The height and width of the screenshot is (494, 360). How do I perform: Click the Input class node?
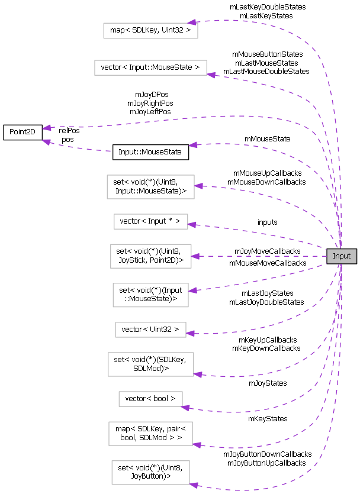pos(342,256)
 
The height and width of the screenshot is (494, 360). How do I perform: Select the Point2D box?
pos(22,133)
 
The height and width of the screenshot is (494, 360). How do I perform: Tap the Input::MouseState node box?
pos(150,151)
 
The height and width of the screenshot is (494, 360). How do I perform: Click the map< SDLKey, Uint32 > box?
pos(150,29)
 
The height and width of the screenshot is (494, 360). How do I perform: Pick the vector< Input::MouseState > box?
pos(150,67)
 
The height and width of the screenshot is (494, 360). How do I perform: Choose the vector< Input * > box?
pos(150,222)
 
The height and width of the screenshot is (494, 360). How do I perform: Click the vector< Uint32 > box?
pos(150,329)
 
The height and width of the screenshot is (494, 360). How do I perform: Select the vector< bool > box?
pos(150,399)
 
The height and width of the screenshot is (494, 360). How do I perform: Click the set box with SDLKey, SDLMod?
pos(150,364)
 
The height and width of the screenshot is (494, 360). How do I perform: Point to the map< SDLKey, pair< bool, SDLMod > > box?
pos(150,434)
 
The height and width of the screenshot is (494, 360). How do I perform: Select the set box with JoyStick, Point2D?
pos(150,256)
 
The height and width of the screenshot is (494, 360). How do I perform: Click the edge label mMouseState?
pos(267,139)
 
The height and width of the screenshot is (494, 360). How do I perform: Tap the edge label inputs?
pos(267,222)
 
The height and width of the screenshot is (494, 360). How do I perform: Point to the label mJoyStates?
pos(267,383)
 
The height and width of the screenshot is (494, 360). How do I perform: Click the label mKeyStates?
pos(268,418)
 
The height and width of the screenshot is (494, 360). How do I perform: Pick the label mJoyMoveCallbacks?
pos(267,251)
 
